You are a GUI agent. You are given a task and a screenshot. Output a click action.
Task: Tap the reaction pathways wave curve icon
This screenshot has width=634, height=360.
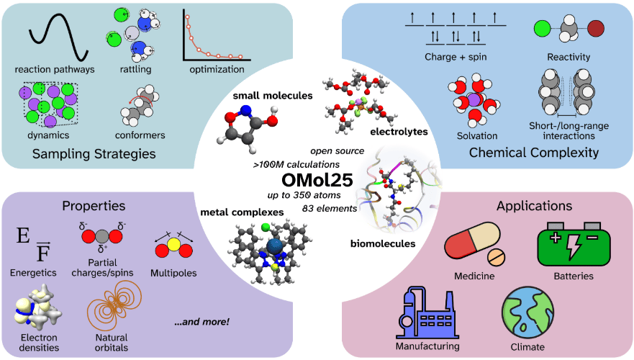58,37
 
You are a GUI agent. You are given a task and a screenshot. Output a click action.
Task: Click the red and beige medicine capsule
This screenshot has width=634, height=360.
472,240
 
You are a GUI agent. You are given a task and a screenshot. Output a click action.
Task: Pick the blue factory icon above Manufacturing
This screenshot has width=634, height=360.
427,312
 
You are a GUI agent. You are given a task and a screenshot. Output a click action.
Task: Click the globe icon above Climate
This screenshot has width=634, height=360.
527,312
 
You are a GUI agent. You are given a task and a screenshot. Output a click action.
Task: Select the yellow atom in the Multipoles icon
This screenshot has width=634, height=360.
173,244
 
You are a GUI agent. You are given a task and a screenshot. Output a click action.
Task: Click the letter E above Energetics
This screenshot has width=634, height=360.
23,235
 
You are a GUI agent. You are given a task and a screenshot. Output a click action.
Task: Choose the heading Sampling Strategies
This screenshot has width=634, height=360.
94,153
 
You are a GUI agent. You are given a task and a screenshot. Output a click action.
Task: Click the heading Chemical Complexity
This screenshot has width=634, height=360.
534,153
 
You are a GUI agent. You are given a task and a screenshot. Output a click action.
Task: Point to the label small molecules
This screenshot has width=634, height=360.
273,96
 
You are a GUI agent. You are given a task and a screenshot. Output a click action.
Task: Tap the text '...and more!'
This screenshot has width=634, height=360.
201,322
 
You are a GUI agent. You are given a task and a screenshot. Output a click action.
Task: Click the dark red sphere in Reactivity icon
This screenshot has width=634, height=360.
596,29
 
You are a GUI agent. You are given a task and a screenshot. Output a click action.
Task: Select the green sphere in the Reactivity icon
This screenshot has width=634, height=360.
542,29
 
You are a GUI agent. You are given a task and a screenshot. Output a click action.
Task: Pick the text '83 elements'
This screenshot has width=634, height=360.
330,208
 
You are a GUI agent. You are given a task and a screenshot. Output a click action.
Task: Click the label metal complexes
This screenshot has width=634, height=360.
242,212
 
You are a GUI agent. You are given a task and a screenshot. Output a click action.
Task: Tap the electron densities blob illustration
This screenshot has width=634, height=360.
37,305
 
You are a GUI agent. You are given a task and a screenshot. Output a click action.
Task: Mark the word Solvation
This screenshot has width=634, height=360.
477,136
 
